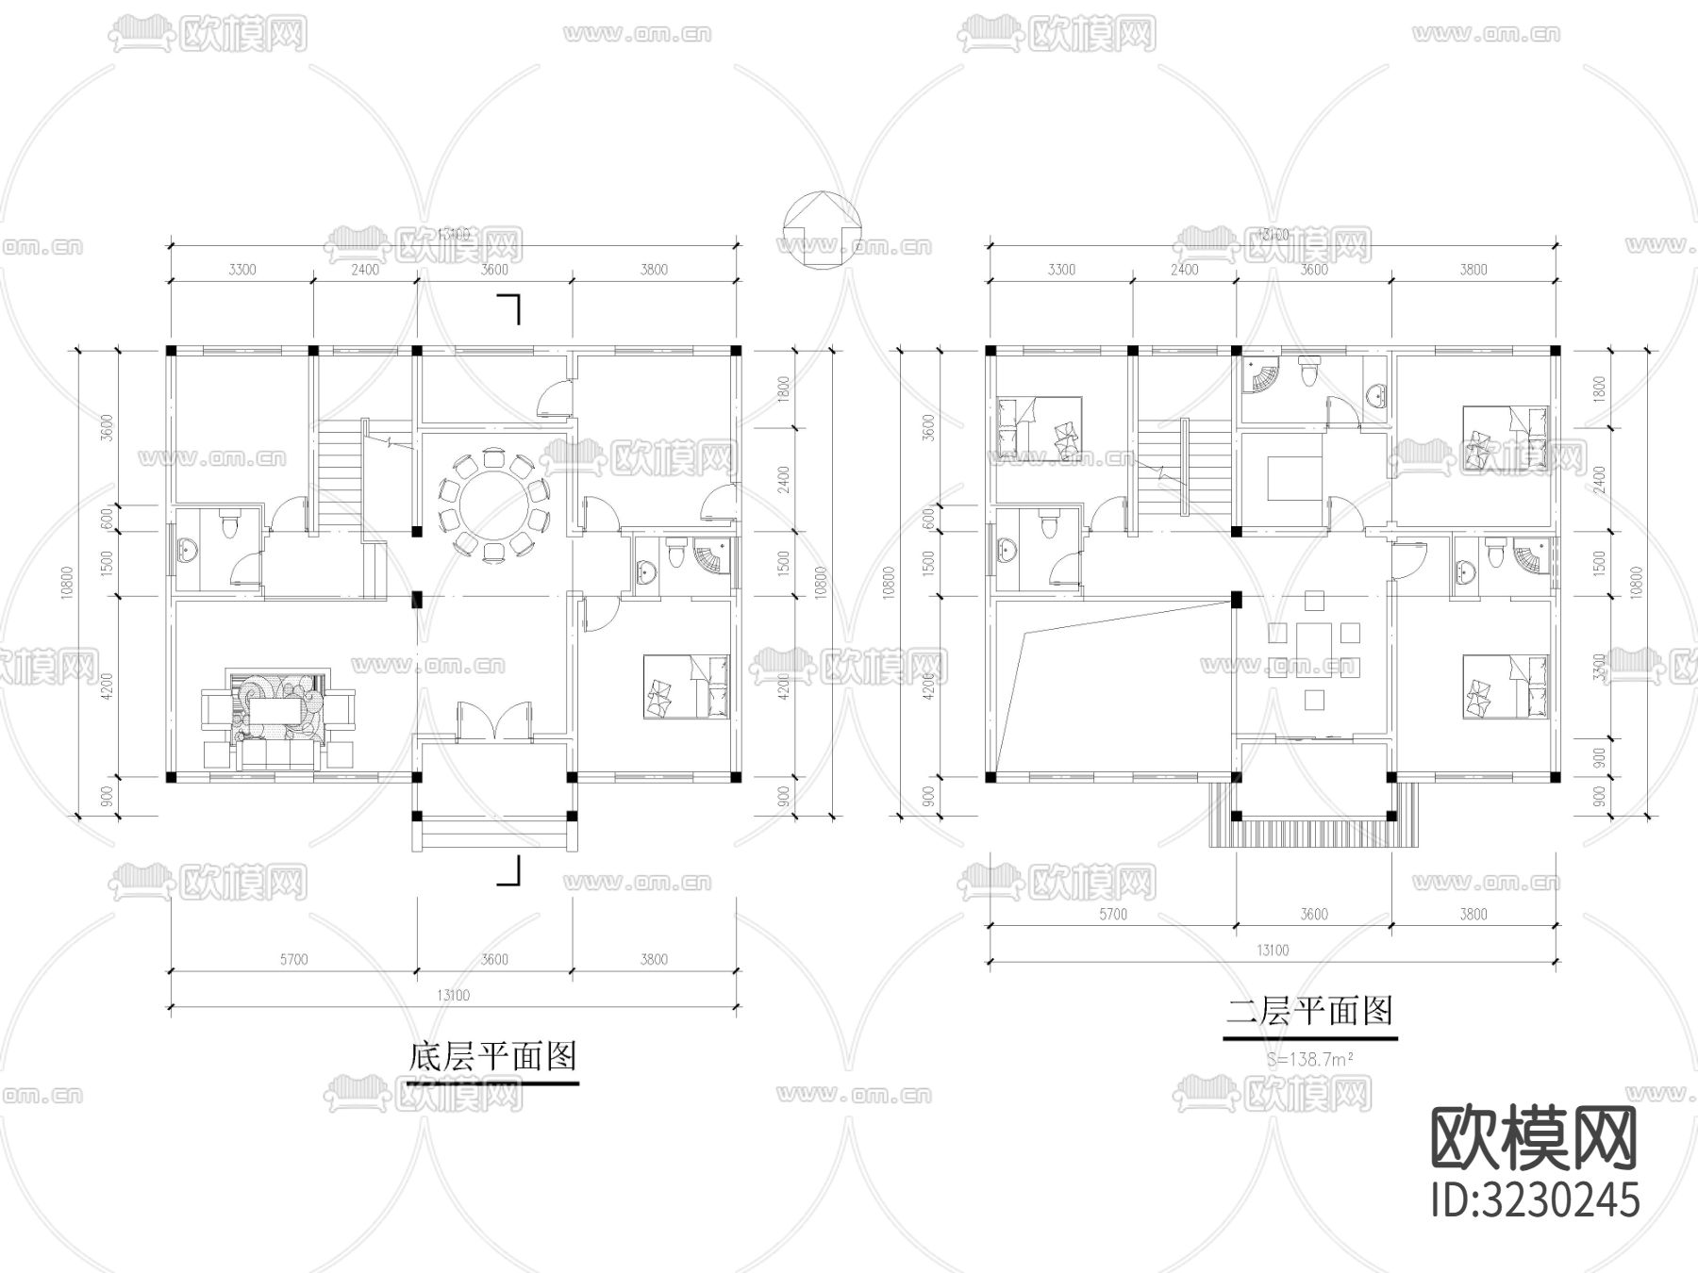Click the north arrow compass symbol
pos(821,232)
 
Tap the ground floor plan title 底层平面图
pos(492,1056)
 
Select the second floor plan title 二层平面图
pos(1309,1012)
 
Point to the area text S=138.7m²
pos(1310,1059)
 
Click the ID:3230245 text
pos(1536,1200)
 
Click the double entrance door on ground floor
pos(495,721)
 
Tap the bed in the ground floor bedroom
pos(686,687)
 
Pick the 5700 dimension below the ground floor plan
pos(293,960)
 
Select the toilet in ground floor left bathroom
pos(230,524)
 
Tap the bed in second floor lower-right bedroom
pos(1506,687)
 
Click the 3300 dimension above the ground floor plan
pos(241,270)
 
